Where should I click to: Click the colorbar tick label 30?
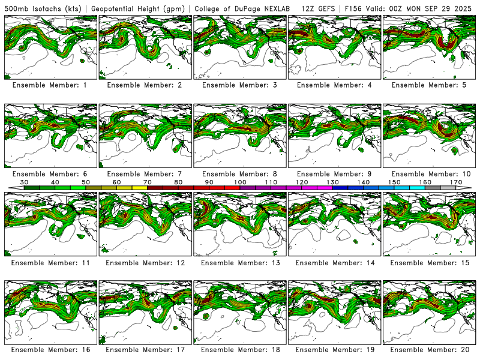click(x=25, y=181)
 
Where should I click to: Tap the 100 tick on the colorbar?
click(x=240, y=181)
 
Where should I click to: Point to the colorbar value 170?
click(x=455, y=181)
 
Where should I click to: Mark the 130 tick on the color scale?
click(x=332, y=181)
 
